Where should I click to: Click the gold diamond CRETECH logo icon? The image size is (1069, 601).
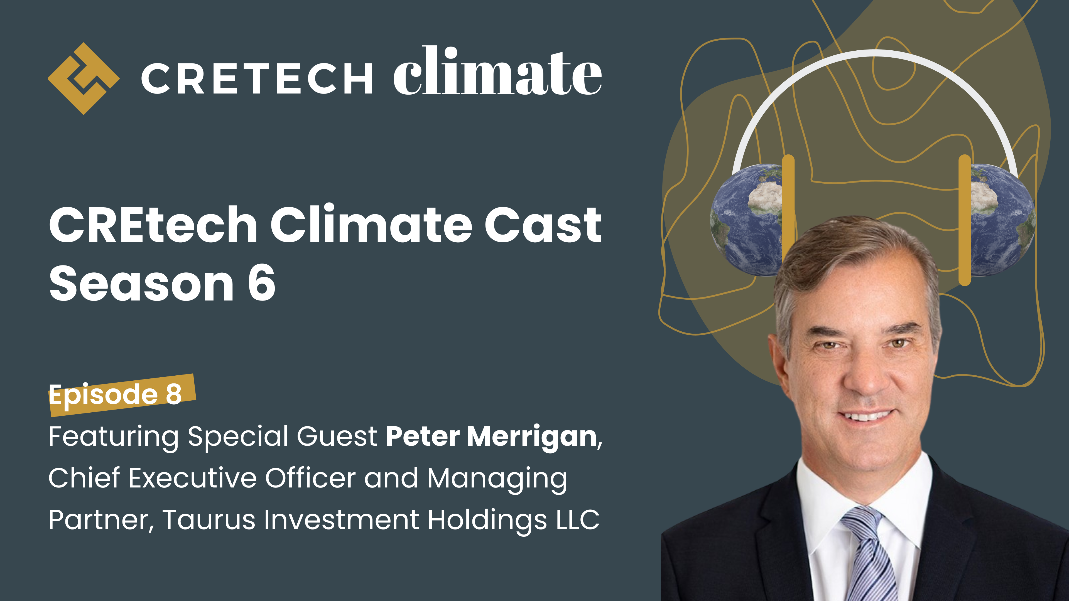84,78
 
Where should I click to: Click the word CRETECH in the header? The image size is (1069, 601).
256,79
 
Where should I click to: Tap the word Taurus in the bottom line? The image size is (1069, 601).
209,520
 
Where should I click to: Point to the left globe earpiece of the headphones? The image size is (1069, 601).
745,220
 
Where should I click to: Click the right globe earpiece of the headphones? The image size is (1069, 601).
1002,220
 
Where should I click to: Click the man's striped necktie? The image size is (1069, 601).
868,556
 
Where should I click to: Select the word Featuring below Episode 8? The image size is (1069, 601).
113,437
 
